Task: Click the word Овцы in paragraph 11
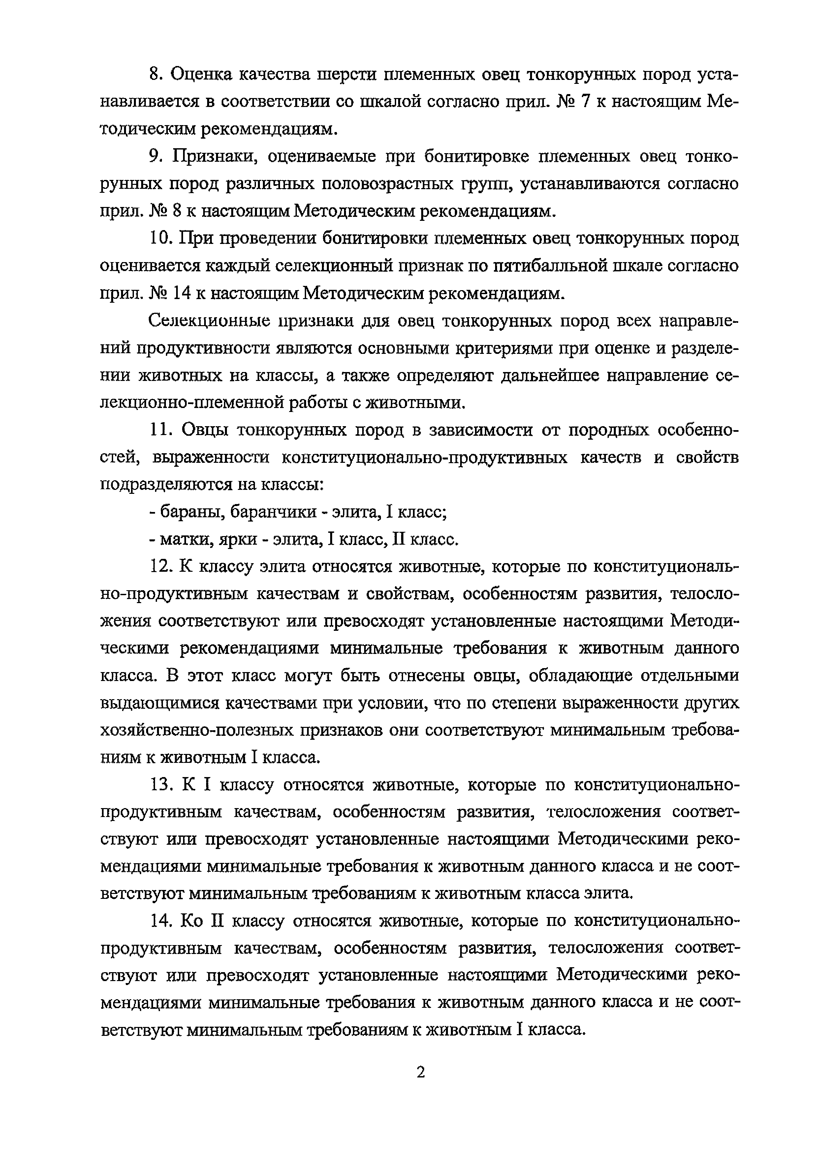(x=204, y=430)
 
